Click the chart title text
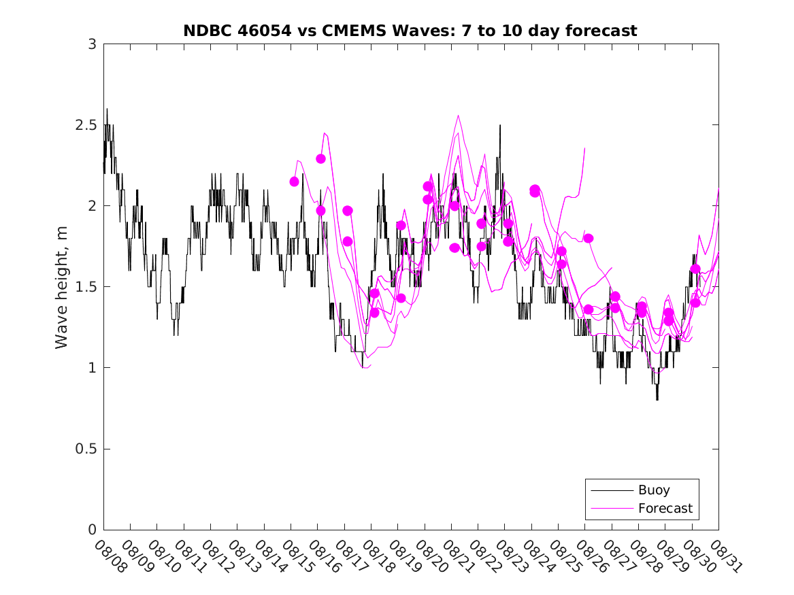(410, 31)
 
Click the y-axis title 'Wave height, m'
(62, 287)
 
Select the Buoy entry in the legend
(653, 490)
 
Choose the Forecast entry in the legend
(665, 508)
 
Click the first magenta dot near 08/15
(295, 182)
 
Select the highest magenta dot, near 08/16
(321, 158)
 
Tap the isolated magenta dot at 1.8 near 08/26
(589, 238)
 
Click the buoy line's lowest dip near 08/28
(657, 399)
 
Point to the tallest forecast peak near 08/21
(458, 116)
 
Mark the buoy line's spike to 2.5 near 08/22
(500, 126)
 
